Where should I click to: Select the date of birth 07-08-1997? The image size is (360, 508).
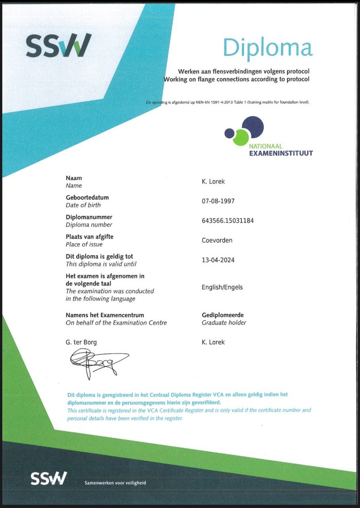(218, 201)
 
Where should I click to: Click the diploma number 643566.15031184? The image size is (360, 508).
(228, 221)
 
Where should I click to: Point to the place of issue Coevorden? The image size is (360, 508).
(217, 240)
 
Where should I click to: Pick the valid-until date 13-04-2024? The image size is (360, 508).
(218, 260)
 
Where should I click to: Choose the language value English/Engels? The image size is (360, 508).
(222, 287)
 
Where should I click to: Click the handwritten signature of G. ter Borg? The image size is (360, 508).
(98, 361)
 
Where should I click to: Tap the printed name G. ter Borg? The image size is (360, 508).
(81, 342)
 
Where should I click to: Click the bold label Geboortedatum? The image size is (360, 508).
(87, 197)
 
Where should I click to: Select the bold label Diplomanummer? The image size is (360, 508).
(89, 217)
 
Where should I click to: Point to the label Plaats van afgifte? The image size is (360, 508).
(89, 237)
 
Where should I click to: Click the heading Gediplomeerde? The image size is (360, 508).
(223, 315)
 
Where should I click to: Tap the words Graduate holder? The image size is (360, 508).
(224, 323)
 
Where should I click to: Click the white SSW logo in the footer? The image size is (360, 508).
(49, 478)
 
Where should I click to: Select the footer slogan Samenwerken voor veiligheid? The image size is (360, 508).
(115, 483)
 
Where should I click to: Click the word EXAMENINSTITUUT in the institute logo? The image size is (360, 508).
(281, 153)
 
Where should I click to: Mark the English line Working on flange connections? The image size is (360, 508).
(236, 79)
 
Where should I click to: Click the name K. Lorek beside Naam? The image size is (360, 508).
(214, 182)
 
